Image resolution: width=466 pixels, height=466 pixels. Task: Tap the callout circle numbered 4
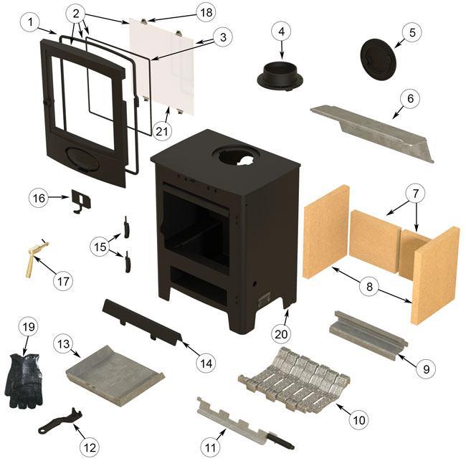coord(282,32)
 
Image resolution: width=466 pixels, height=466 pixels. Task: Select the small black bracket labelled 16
coord(78,200)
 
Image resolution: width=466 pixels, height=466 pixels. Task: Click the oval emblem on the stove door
coord(84,159)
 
